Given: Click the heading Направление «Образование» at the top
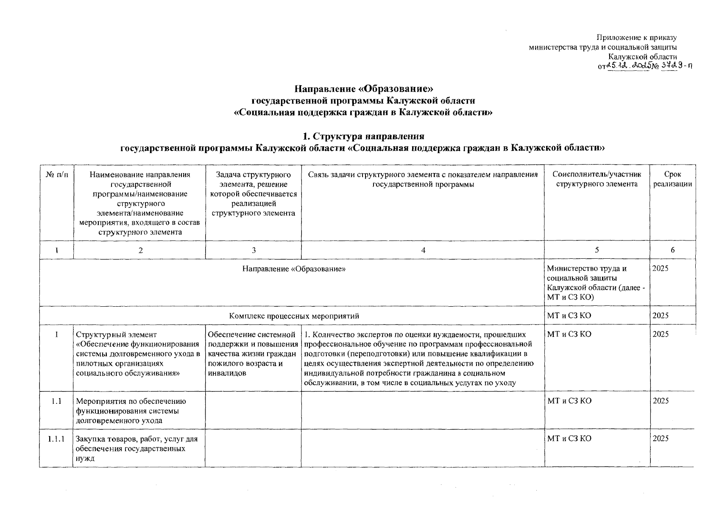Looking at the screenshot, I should [364, 89].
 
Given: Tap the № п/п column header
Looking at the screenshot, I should [56, 175].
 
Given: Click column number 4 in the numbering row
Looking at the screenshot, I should [423, 250].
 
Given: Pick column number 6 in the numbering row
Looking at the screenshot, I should [672, 250].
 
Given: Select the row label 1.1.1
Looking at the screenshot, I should [56, 439].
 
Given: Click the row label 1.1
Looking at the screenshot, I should [56, 401].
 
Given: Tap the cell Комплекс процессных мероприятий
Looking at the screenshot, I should [294, 316].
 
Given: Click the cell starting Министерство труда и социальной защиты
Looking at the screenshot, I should [596, 282].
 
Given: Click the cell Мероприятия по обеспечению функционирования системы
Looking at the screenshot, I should [131, 411].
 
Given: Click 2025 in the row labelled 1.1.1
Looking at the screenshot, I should [661, 439].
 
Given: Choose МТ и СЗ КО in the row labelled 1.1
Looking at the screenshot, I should [569, 401].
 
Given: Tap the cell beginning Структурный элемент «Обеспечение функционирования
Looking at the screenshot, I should [138, 354].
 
